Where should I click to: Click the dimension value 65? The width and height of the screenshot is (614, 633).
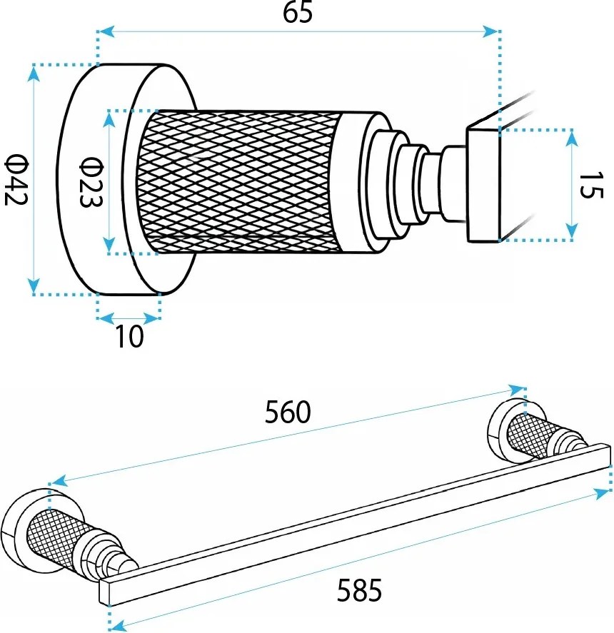tap(298, 12)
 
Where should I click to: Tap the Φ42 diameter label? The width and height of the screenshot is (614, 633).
tap(16, 180)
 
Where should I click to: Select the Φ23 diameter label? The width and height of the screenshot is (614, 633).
tap(91, 182)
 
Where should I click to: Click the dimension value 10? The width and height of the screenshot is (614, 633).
tap(129, 336)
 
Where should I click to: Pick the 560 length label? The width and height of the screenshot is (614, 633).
tap(288, 412)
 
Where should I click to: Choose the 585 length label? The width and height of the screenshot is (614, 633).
tap(359, 589)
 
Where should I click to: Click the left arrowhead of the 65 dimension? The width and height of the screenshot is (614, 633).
tap(106, 31)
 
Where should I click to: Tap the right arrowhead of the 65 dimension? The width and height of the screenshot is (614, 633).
tap(490, 31)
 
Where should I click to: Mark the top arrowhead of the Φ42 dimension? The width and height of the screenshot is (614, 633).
tap(34, 74)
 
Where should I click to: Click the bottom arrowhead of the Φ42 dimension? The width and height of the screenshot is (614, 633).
tap(34, 285)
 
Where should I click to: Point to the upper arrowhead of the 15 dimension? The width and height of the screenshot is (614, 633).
tap(571, 138)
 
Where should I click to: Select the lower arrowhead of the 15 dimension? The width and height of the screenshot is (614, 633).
tap(571, 231)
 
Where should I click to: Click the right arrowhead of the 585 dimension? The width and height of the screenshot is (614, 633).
tap(602, 493)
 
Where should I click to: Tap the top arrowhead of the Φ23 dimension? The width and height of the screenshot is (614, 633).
tap(109, 120)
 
